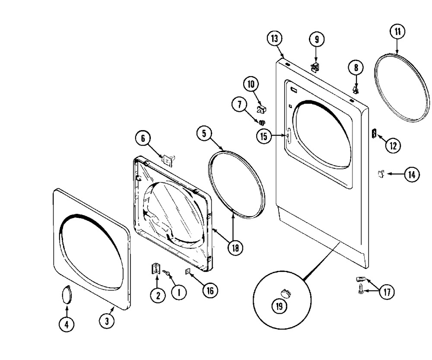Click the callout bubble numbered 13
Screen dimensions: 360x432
(x=274, y=38)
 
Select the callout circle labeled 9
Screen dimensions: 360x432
(x=316, y=39)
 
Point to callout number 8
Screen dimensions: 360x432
(x=356, y=67)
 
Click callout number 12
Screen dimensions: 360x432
(x=393, y=146)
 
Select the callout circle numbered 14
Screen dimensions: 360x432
(x=411, y=175)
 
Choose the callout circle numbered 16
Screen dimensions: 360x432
(x=209, y=291)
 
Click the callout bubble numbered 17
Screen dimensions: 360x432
(x=387, y=293)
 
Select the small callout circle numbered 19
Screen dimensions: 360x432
(x=280, y=306)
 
